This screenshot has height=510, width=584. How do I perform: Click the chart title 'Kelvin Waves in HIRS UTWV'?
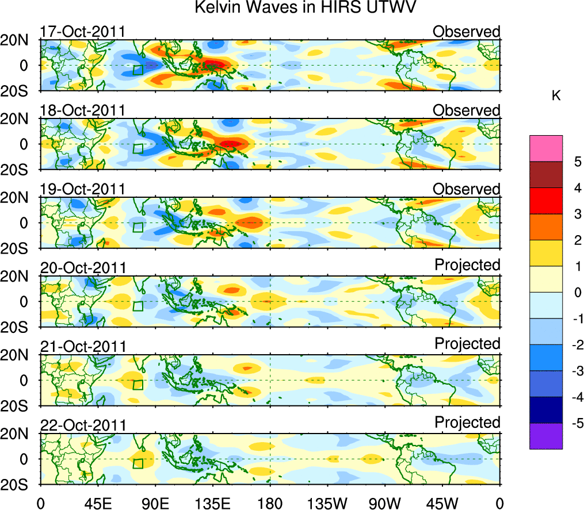point(304,8)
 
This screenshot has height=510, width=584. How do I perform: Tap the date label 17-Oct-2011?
point(83,32)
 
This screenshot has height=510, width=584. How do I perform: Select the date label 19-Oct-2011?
point(83,189)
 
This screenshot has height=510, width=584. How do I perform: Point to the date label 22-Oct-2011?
point(83,425)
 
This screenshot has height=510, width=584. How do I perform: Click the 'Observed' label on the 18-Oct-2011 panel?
point(467,110)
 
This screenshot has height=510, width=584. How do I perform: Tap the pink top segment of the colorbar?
point(545,148)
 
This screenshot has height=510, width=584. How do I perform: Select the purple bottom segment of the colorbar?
point(545,436)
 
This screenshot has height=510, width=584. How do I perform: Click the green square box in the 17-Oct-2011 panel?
point(138,70)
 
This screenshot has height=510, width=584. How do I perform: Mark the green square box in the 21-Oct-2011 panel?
point(138,385)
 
